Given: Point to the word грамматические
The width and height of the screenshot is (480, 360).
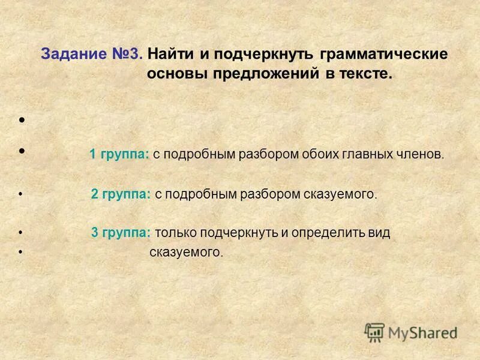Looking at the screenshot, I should [x=384, y=54].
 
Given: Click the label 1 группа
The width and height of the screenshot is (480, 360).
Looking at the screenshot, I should [x=119, y=154].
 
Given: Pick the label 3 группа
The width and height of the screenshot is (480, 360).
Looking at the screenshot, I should [x=121, y=233].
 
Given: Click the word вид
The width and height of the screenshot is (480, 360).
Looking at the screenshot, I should [x=381, y=233].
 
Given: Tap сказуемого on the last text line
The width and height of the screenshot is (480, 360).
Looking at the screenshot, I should [x=185, y=253].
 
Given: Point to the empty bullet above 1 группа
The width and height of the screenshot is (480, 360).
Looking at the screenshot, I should [x=22, y=121].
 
